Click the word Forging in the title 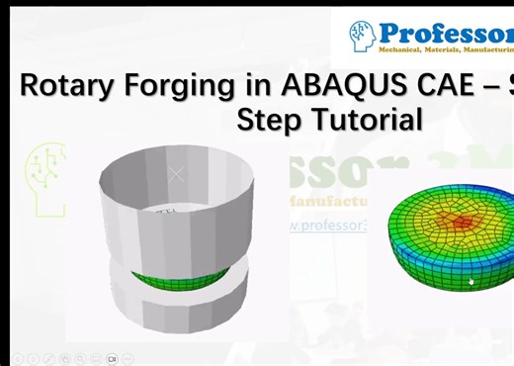(x=183, y=86)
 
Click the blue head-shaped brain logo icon (x=362, y=36)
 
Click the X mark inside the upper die (x=176, y=175)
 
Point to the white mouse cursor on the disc (x=471, y=282)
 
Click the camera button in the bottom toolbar (x=113, y=358)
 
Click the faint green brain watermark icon (x=44, y=176)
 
